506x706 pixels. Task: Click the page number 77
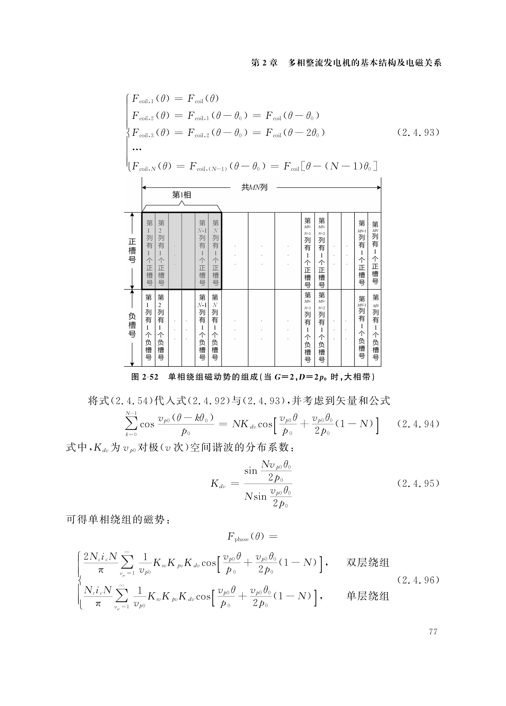click(433, 632)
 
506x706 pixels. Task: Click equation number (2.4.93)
click(418, 133)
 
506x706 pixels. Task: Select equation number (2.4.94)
click(418, 424)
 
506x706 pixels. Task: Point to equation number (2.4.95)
click(418, 483)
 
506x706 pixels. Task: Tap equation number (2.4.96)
click(418, 580)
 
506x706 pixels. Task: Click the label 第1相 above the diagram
click(181, 195)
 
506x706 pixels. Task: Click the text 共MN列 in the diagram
click(254, 187)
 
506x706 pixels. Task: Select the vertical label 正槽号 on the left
click(132, 251)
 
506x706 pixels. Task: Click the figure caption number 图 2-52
click(145, 377)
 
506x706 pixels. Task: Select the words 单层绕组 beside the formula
click(367, 596)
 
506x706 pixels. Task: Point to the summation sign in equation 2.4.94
click(131, 424)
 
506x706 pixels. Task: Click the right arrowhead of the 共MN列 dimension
click(379, 187)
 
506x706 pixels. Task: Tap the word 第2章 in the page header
click(264, 63)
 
